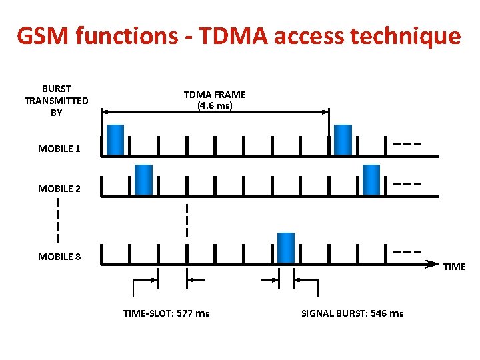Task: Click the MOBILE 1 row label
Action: click(59, 149)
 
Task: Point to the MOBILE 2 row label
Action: click(59, 189)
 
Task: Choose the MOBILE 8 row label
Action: click(59, 257)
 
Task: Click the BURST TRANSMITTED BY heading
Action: click(57, 101)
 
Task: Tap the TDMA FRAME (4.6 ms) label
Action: click(215, 100)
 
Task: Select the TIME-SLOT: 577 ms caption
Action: click(166, 313)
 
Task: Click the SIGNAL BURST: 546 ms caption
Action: click(352, 313)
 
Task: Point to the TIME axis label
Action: click(455, 267)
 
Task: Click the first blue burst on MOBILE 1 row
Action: click(115, 139)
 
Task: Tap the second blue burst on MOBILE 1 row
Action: click(343, 139)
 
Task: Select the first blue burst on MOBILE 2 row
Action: click(143, 179)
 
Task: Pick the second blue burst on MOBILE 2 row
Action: click(371, 179)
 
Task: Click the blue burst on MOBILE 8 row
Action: click(286, 247)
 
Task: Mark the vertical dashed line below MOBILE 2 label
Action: click(58, 220)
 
